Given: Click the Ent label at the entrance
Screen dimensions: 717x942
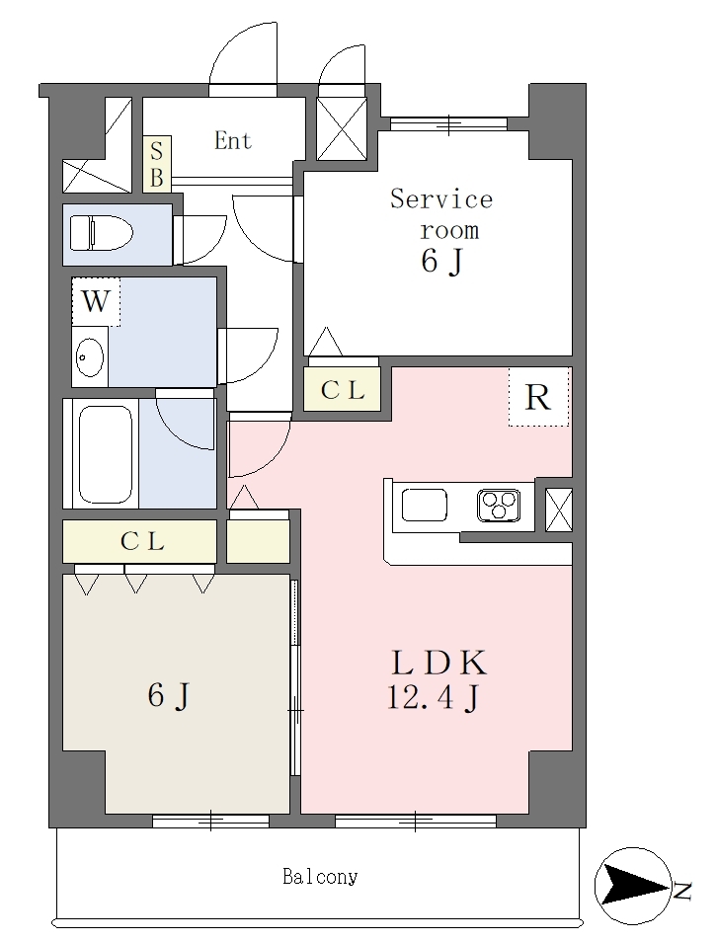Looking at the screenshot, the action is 233,140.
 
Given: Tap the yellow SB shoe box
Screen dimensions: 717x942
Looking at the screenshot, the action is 157,163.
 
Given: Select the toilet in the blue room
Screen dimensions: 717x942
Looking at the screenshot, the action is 102,233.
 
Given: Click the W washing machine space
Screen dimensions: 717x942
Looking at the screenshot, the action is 96,301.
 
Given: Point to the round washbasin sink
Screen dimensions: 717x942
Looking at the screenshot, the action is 90,357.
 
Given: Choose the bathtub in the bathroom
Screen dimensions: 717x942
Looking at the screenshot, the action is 106,455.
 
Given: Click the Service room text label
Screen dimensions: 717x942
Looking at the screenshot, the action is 442,214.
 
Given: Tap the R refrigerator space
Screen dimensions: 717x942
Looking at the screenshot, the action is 538,397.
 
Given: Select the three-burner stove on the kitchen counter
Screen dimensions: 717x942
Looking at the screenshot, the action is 498,505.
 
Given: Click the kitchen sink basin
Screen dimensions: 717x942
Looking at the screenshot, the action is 425,505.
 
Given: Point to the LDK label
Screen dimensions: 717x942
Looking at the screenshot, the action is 438,663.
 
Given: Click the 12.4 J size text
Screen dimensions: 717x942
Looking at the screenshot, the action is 433,697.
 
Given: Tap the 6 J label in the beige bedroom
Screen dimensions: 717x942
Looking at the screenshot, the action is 170,696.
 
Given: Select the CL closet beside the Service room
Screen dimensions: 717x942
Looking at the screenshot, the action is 343,390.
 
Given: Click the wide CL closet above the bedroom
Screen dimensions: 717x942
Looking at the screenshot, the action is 140,541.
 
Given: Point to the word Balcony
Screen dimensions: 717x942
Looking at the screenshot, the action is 320,877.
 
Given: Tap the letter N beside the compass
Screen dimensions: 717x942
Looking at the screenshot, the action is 682,891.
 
